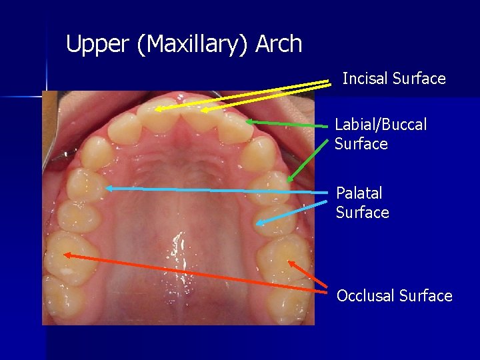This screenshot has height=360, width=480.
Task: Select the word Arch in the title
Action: [279, 45]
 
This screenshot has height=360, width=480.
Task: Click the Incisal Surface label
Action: [393, 79]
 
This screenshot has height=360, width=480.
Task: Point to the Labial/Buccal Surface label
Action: [380, 134]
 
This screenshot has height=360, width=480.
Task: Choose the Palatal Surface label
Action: [362, 203]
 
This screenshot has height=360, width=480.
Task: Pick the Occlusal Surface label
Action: [394, 295]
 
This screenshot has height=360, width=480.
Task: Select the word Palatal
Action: [359, 193]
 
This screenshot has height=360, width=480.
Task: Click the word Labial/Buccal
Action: [381, 125]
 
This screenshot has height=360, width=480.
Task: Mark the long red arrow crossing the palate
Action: [200, 273]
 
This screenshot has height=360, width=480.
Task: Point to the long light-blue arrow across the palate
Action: [220, 191]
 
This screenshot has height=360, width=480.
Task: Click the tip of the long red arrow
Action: [65, 254]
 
